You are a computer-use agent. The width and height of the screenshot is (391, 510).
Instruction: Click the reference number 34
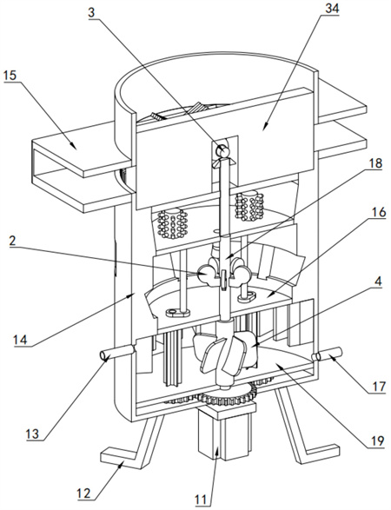pyautogui.click(x=331, y=9)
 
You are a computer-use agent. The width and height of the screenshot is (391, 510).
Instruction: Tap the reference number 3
pyautogui.click(x=92, y=12)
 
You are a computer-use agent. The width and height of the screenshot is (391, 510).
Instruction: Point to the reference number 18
pyautogui.click(x=374, y=163)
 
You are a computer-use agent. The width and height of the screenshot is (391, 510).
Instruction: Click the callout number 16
pyautogui.click(x=378, y=212)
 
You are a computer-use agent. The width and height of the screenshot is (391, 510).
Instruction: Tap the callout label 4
pyautogui.click(x=377, y=281)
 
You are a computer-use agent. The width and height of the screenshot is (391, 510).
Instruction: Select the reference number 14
pyautogui.click(x=20, y=340)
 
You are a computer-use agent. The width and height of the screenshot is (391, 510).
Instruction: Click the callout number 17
pyautogui.click(x=379, y=387)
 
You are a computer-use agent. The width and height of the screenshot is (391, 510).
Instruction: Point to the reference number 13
pyautogui.click(x=33, y=434)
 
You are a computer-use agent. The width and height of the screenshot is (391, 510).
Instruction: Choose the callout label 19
pyautogui.click(x=377, y=441)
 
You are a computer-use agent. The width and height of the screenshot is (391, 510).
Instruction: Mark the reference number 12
pyautogui.click(x=83, y=493)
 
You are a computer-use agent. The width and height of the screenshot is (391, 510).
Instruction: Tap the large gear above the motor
pyautogui.click(x=227, y=396)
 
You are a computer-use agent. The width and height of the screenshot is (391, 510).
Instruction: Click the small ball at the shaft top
pyautogui.click(x=224, y=151)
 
